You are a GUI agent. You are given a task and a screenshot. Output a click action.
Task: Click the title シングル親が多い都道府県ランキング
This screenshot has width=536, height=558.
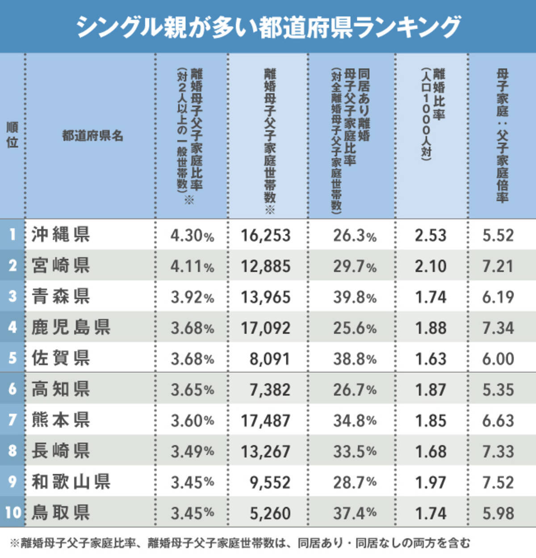click(268, 27)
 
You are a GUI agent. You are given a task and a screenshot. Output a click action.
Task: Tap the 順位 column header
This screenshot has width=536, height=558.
click(12, 135)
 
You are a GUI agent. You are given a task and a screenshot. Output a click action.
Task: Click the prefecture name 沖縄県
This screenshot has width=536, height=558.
click(61, 235)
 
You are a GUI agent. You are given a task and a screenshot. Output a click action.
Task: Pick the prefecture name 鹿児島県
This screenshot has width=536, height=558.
click(71, 328)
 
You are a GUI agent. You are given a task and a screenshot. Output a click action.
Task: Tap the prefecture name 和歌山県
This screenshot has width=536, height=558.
click(71, 482)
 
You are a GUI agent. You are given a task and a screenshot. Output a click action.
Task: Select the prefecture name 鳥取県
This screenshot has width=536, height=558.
click(61, 513)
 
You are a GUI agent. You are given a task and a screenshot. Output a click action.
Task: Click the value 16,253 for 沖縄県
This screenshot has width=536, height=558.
click(266, 235)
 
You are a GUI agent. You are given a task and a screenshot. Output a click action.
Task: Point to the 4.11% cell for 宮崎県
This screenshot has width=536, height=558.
click(192, 266)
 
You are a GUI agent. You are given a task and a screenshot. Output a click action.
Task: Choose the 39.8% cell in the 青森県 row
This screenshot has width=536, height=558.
click(355, 297)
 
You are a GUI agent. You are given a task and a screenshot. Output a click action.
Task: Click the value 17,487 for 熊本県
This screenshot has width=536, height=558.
click(266, 421)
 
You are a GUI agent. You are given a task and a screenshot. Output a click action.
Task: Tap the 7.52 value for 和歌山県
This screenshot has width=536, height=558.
click(498, 482)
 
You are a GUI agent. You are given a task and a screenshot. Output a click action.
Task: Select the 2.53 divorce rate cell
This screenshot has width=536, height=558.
click(431, 235)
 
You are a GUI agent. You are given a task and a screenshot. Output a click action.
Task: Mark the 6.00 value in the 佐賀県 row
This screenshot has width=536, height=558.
click(498, 358)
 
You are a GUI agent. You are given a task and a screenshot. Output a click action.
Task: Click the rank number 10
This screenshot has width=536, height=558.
click(13, 513)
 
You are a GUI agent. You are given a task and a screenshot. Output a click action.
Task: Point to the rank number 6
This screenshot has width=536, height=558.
click(13, 389)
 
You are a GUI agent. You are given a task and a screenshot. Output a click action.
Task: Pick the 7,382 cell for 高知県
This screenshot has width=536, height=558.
click(270, 390)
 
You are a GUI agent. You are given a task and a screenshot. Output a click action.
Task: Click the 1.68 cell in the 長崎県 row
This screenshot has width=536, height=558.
click(431, 451)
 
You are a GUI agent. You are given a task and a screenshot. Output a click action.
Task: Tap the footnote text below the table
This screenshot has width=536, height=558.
click(240, 543)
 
